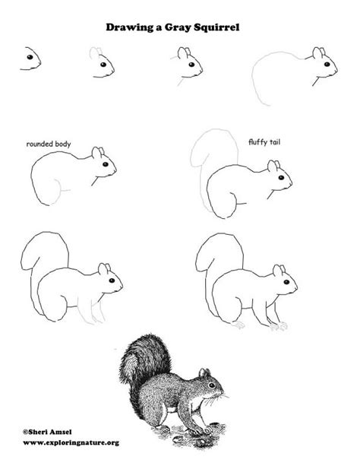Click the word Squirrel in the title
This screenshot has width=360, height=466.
point(216,27)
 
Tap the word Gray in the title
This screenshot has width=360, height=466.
point(178,28)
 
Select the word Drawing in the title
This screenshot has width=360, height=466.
point(130,28)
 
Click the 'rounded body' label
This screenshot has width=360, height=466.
point(49,144)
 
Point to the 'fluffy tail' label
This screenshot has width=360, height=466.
point(264,142)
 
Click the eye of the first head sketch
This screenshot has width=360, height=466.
point(30,57)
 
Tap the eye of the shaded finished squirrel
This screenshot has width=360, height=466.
point(211,385)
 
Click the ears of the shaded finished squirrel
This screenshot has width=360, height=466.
point(204,372)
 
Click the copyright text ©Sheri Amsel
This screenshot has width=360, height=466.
point(47,432)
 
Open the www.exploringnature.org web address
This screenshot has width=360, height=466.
point(71,443)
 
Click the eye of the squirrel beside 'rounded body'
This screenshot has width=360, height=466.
point(106,164)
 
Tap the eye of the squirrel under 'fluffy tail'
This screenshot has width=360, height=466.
point(281,178)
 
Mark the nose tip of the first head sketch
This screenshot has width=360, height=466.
point(40,62)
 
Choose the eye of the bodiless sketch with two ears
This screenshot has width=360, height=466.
point(191,65)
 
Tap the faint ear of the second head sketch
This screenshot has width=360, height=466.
point(94,52)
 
